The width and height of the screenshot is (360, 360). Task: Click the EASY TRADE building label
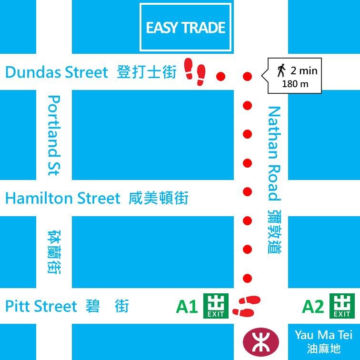click(186, 28)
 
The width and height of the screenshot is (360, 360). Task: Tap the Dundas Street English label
click(57, 73)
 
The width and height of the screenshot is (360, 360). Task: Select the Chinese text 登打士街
click(146, 73)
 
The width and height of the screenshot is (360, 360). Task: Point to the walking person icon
click(281, 71)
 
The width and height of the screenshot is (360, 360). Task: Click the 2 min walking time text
click(304, 71)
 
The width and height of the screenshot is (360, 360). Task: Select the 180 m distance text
click(295, 84)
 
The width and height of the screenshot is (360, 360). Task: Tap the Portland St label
click(54, 135)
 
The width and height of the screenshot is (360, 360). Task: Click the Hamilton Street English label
click(63, 198)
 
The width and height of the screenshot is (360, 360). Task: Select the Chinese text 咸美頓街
click(159, 198)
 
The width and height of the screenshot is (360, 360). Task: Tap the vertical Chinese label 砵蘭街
click(54, 252)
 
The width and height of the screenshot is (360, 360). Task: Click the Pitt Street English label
click(41, 306)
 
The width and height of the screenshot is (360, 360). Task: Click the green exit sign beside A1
click(216, 306)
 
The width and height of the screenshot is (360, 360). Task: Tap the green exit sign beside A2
click(342, 306)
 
